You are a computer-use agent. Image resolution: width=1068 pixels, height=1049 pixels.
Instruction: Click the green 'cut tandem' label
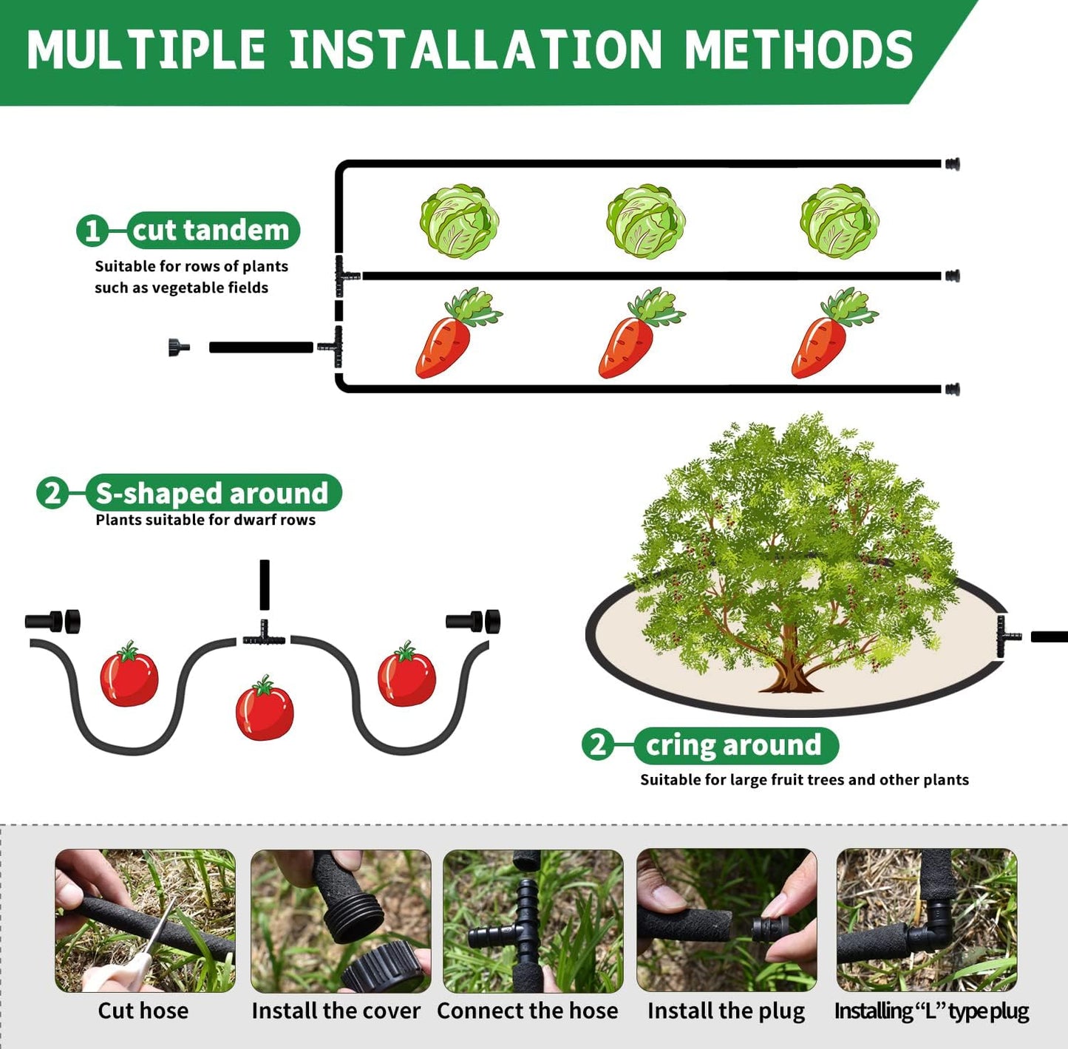pyautogui.click(x=212, y=231)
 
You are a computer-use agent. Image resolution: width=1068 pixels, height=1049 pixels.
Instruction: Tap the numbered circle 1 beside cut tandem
pyautogui.click(x=92, y=231)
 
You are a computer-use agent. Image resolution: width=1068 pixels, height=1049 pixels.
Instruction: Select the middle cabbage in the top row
pyautogui.click(x=645, y=221)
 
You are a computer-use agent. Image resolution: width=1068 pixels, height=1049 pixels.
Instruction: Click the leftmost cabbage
pyautogui.click(x=459, y=221)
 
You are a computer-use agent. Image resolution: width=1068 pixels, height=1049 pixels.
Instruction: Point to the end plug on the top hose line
pyautogui.click(x=952, y=164)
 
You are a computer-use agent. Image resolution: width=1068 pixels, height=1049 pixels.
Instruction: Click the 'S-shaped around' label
pyautogui.click(x=213, y=493)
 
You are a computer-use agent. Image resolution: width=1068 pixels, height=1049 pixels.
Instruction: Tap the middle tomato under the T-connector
pyautogui.click(x=265, y=710)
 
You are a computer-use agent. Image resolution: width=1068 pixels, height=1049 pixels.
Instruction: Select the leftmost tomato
pyautogui.click(x=129, y=675)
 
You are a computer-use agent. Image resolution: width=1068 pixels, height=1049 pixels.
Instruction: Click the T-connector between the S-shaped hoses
pyautogui.click(x=264, y=634)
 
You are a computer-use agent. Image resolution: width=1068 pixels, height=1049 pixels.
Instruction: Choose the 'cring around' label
pyautogui.click(x=735, y=745)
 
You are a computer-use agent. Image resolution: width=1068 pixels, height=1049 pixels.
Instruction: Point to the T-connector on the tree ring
pyautogui.click(x=1006, y=636)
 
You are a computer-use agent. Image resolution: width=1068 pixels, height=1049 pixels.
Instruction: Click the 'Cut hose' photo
pyautogui.click(x=145, y=920)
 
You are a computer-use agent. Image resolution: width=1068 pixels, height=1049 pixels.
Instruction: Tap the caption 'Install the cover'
pyautogui.click(x=336, y=1011)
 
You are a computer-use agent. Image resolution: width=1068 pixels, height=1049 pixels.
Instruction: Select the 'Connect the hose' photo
pyautogui.click(x=533, y=920)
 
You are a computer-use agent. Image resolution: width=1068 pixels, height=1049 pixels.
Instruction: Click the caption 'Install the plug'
pyautogui.click(x=726, y=1011)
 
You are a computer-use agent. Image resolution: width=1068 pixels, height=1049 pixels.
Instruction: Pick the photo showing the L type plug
pyautogui.click(x=926, y=920)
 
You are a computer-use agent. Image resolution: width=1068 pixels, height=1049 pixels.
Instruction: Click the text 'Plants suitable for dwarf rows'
pyautogui.click(x=205, y=520)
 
